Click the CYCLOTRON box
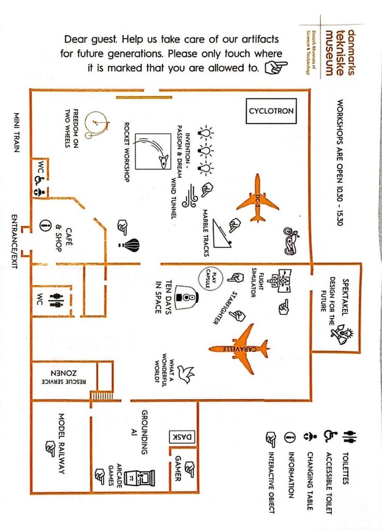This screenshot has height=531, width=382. coord(271,111)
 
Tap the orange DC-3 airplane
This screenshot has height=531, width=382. coord(258,198)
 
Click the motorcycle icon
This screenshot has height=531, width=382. coord(291,241)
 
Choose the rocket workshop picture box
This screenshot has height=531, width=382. coord(153,151)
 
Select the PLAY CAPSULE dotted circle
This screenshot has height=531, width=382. coord(211,279)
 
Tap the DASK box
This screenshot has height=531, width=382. coord(182,437)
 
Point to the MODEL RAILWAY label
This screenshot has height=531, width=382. coord(61,444)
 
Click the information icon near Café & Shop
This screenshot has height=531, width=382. coord(45,225)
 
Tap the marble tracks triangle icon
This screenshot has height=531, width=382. coord(222,234)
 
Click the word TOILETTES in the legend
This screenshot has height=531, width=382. coord(345,468)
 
